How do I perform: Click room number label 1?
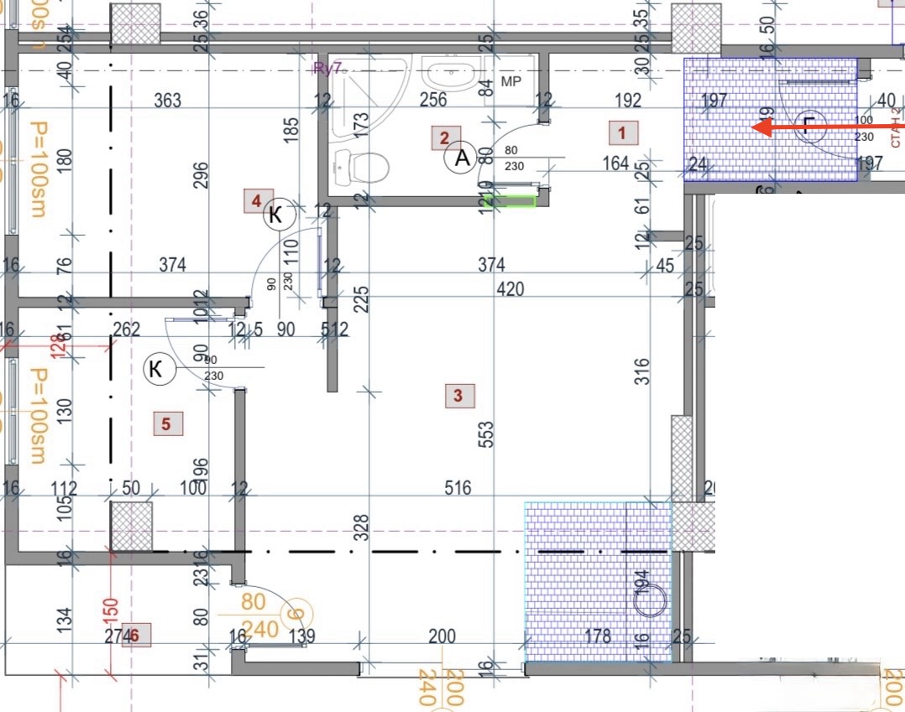pos(622,132)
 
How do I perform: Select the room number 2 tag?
pos(445,138)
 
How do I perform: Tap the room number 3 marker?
pos(458,395)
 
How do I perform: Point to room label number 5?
pos(165,424)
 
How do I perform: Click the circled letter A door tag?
pos(460,157)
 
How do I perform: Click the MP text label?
pos(511,81)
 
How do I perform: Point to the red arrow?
pos(827,127)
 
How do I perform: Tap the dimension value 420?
pos(510,288)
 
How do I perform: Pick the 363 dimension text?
pos(168,101)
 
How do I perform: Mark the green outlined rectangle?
pos(513,201)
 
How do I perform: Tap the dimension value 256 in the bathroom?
pos(432,100)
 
